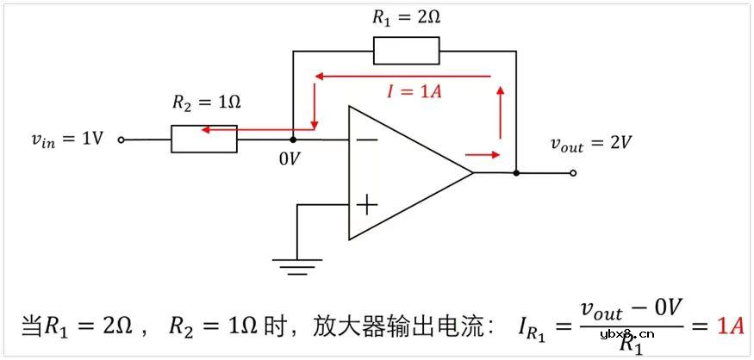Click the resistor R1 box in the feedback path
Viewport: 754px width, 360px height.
point(406,51)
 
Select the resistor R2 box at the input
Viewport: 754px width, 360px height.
point(204,139)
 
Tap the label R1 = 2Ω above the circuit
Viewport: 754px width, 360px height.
point(406,16)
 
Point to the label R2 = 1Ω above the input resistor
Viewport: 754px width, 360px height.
point(206,102)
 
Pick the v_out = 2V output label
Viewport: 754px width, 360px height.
point(591,143)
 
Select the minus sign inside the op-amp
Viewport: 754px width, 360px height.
point(367,139)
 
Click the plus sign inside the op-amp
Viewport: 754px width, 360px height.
point(367,204)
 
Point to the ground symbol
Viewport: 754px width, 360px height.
point(296,264)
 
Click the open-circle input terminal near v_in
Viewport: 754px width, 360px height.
point(121,139)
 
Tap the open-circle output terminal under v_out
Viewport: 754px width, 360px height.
point(573,172)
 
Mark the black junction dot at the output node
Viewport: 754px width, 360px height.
point(516,172)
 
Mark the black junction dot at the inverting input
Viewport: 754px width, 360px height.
point(293,139)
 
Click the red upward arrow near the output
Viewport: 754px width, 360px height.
point(499,112)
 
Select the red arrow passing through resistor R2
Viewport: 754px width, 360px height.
point(246,130)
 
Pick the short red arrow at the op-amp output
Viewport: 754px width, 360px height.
point(483,155)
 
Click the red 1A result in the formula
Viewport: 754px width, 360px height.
point(731,326)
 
